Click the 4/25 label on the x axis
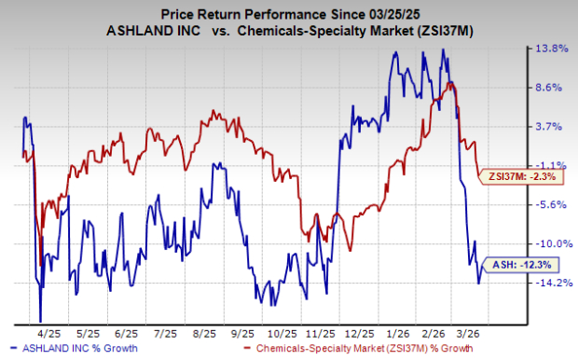coord(45,332)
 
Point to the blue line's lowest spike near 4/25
coord(40,320)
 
